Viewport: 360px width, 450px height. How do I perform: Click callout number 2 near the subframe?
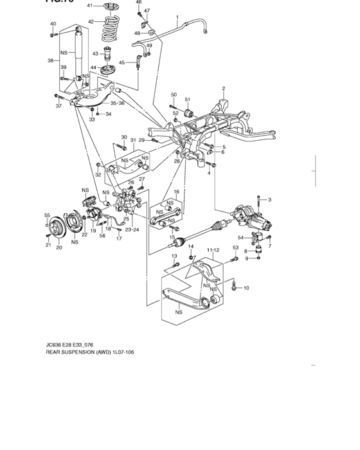point(223,89)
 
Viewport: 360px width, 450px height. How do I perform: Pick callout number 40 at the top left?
point(53,24)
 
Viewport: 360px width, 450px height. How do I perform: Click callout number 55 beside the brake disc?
point(47,215)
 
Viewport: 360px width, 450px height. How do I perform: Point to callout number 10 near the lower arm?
point(246,288)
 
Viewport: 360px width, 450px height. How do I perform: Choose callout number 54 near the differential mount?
point(240,238)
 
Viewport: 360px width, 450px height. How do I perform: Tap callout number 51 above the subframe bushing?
point(188,100)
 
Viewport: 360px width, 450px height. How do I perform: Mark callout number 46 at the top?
point(139,3)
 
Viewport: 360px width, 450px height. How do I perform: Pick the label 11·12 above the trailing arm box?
point(213,249)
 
